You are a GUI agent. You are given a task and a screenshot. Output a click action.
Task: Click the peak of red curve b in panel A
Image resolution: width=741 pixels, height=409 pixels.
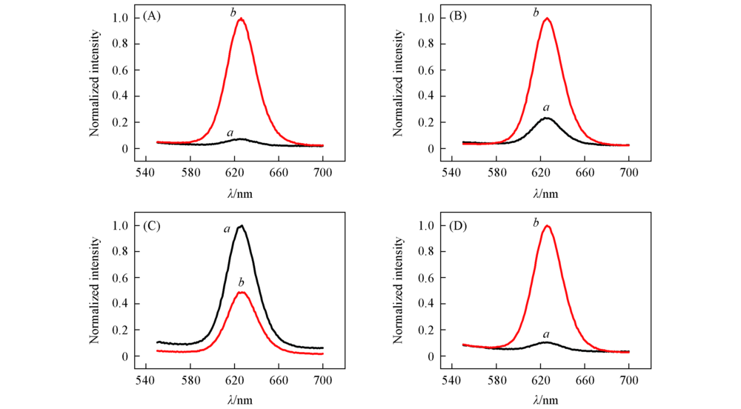pos(241,19)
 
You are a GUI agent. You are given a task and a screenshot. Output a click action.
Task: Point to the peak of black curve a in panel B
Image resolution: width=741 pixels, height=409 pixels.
pos(547,118)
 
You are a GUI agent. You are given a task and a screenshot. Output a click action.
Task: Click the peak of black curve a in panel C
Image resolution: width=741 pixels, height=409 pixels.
pos(242,226)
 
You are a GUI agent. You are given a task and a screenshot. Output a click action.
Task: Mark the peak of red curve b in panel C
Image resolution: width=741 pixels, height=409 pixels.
pos(242,292)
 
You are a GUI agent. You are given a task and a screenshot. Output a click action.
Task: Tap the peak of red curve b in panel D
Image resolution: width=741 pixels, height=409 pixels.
pos(547,226)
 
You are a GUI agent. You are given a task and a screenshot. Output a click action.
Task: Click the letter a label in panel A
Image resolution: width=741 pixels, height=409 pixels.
pos(230,132)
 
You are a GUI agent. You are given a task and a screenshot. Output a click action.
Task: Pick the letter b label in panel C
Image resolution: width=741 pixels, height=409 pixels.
pos(241,282)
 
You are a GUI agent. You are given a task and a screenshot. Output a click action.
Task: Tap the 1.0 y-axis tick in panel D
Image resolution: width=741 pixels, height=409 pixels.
pos(429,225)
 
